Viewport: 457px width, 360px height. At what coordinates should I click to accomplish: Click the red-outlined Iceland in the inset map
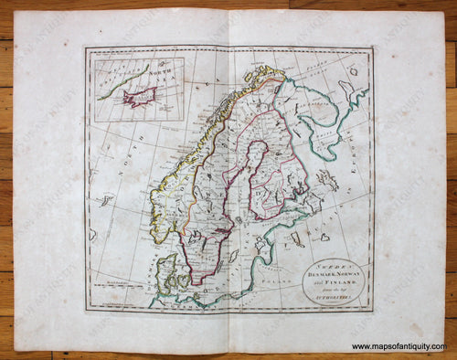140,97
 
